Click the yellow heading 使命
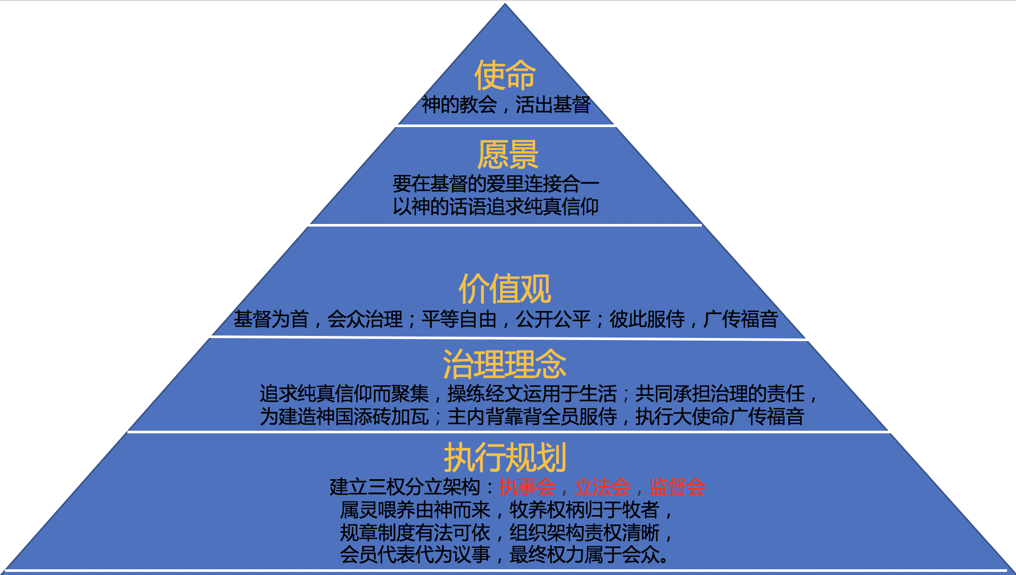pyautogui.click(x=504, y=75)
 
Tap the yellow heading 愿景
pyautogui.click(x=507, y=155)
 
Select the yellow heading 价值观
pyautogui.click(x=504, y=289)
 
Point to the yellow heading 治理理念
pyautogui.click(x=504, y=364)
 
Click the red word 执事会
pyautogui.click(x=527, y=487)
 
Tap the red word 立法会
pyautogui.click(x=602, y=487)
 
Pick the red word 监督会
pyautogui.click(x=677, y=487)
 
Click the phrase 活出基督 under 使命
pyautogui.click(x=553, y=105)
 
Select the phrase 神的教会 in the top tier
pyautogui.click(x=459, y=105)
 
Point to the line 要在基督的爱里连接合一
pyautogui.click(x=495, y=184)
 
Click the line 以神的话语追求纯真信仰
pyautogui.click(x=495, y=207)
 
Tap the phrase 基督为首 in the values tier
pyautogui.click(x=271, y=319)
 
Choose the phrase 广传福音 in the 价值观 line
pyautogui.click(x=740, y=319)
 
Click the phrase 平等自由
pyautogui.click(x=459, y=319)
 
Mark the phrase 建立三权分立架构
pyautogui.click(x=405, y=487)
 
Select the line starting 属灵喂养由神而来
pyautogui.click(x=505, y=510)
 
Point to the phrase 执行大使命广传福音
pyautogui.click(x=720, y=417)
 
